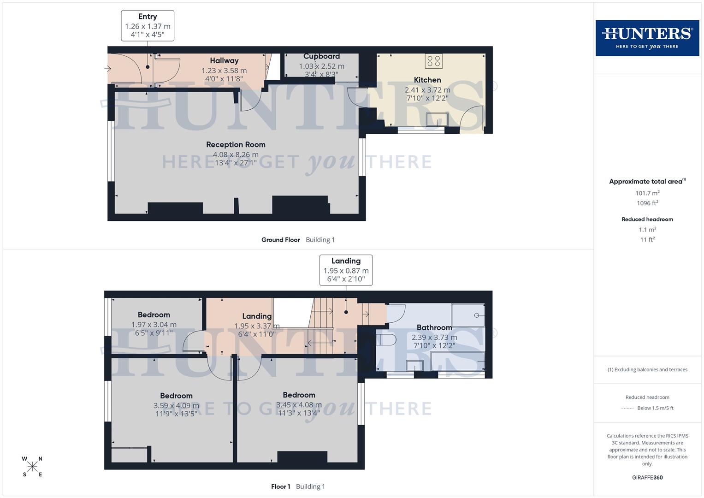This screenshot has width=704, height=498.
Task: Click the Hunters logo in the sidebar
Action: tap(647, 38)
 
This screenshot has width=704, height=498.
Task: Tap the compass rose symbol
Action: tap(32, 467)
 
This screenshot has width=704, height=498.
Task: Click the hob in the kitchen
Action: tap(433, 61)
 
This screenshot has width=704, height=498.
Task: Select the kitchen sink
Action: tap(437, 119)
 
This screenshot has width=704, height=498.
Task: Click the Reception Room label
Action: tap(236, 144)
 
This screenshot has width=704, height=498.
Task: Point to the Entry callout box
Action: tap(148, 26)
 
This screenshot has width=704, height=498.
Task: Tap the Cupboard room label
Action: tap(321, 56)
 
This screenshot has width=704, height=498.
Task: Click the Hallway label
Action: tap(224, 60)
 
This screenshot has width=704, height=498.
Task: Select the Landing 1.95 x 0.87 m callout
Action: tap(346, 270)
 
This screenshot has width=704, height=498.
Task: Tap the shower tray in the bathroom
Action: tap(467, 315)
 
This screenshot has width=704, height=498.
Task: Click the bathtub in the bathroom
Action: tap(457, 361)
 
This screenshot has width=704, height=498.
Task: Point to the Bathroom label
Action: tap(434, 327)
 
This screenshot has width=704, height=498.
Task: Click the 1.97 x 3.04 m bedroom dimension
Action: tap(154, 325)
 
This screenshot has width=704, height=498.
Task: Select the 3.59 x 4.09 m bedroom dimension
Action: tap(176, 406)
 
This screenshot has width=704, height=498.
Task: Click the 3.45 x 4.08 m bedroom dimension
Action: tap(299, 405)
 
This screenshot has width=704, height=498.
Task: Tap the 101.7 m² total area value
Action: tap(647, 193)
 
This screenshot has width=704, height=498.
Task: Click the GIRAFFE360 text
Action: tap(647, 477)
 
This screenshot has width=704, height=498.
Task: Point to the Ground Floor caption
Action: tap(280, 240)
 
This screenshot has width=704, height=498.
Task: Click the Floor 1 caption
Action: tap(280, 486)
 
